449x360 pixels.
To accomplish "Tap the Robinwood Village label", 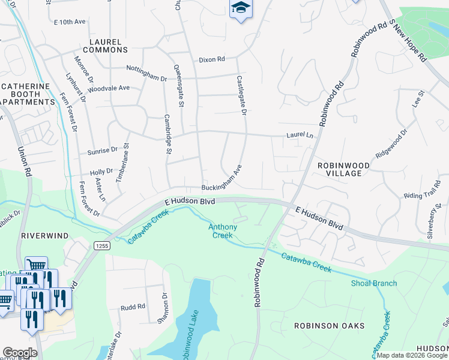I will click(339, 169).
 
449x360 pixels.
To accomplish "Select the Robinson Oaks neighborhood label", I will click(329, 326).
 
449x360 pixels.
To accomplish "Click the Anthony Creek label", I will click(222, 230).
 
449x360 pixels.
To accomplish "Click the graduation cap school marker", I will click(241, 8).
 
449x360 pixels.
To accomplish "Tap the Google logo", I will click(20, 353).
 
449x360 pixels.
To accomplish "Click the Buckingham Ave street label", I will click(221, 178).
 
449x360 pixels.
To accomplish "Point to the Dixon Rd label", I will click(212, 59).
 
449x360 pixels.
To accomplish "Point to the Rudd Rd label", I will click(133, 306).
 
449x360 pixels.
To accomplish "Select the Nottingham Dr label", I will click(146, 78).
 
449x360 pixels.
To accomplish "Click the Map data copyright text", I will click(411, 355).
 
